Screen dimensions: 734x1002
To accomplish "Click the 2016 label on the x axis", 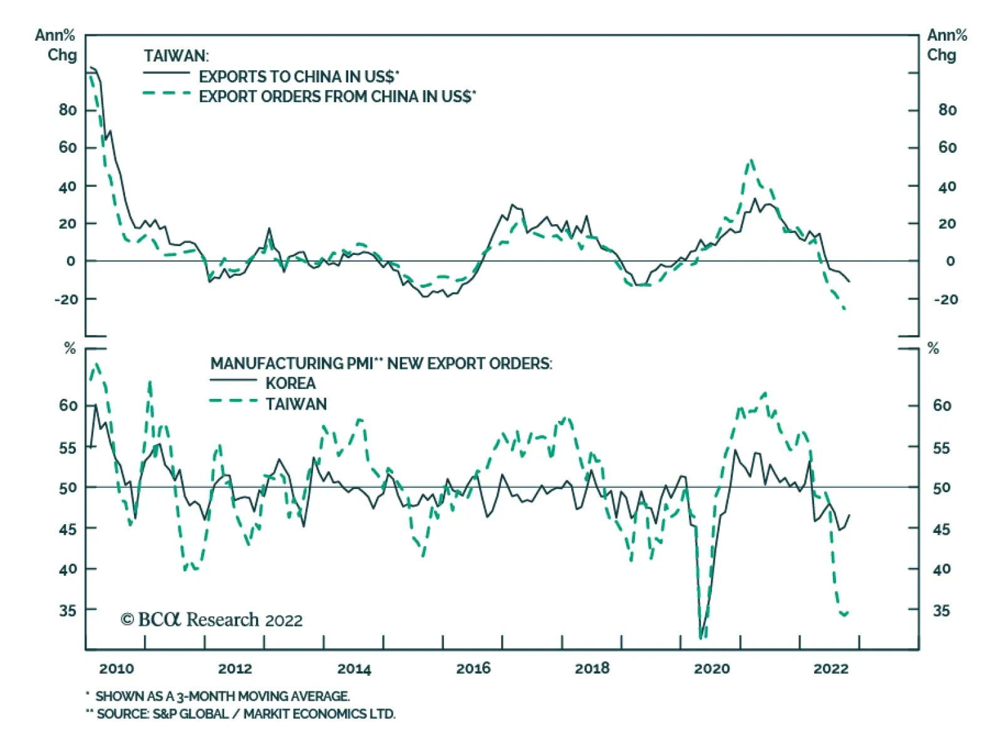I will pos(473,668).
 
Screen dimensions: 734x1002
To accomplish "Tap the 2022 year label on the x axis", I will pos(830,668).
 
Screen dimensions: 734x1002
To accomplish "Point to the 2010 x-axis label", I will pos(116,668).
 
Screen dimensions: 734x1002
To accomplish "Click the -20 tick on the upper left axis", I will pos(66,299).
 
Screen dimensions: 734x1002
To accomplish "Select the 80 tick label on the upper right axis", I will pos(947,110).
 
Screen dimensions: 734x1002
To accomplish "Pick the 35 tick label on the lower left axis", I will pos(68,610).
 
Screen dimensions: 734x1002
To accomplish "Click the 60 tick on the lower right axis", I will pos(941,405).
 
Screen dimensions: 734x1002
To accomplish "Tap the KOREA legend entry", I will pos(290,383).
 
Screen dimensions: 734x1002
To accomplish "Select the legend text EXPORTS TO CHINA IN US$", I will pos(299,76).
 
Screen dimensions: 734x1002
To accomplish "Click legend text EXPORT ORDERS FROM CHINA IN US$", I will pos(337,96).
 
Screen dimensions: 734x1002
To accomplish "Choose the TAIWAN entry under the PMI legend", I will pos(296,404).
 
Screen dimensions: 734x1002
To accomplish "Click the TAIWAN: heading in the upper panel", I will pos(176,56).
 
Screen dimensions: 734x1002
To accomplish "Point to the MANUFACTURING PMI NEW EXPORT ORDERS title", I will pos(381,363).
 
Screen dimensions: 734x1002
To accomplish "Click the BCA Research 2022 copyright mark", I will pos(212,619).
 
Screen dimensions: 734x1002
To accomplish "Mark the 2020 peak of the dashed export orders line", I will pos(751,160).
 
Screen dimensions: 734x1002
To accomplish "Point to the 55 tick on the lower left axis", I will pos(68,448).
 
